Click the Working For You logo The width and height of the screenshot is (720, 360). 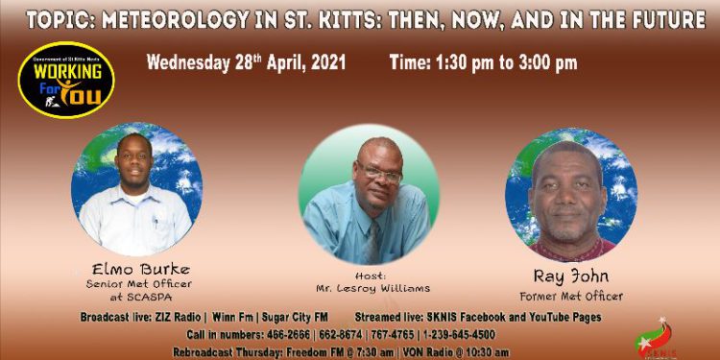click(66, 80)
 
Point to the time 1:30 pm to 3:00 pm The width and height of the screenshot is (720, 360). click(483, 63)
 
